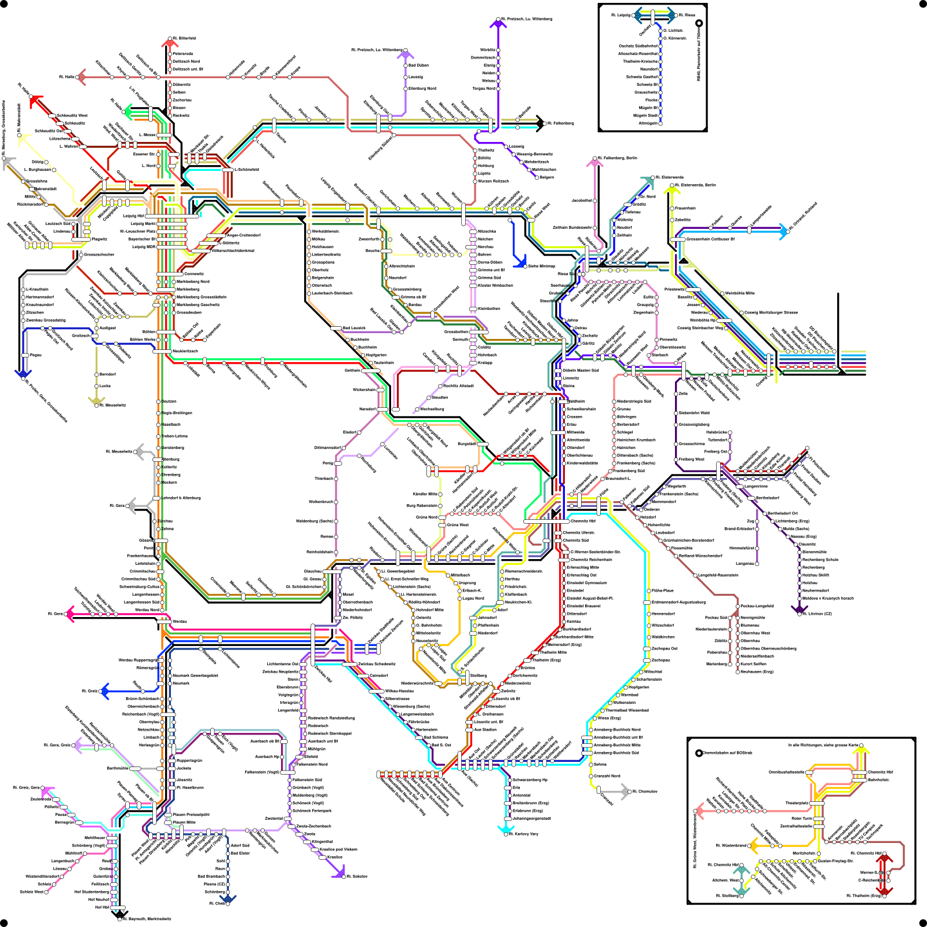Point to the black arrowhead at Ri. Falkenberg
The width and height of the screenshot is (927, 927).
[x=541, y=123]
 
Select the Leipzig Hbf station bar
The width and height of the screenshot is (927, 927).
[x=171, y=216]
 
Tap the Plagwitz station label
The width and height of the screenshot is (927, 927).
[x=99, y=239]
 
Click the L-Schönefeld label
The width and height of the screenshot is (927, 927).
[x=246, y=170]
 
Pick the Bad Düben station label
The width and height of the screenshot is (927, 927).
[x=418, y=65]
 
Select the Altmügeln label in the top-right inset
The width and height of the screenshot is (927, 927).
[x=648, y=123]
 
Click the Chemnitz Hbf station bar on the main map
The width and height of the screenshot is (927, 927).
[x=539, y=521]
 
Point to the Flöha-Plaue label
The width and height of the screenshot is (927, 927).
[x=663, y=590]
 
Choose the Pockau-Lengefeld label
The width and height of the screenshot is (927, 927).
[x=757, y=606]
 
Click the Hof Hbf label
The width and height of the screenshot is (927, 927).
[x=102, y=907]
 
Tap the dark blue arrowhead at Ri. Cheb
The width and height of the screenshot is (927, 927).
[x=227, y=900]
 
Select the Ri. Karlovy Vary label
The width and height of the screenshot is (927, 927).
[x=523, y=834]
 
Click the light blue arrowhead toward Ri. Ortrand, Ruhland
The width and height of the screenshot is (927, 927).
[x=783, y=231]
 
